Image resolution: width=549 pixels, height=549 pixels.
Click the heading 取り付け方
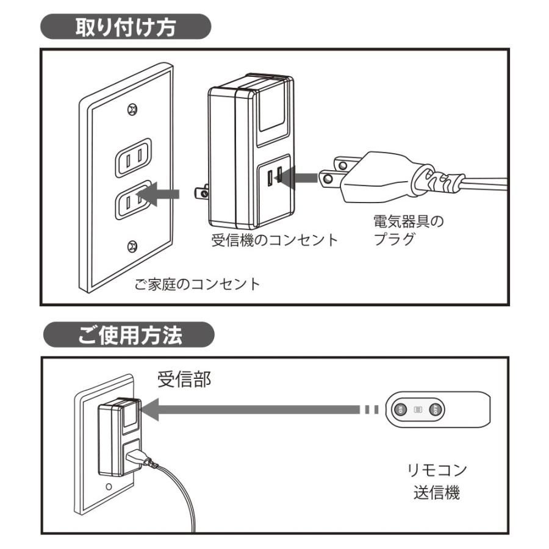pyautogui.click(x=125, y=28)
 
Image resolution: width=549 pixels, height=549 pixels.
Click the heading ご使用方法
pyautogui.click(x=129, y=335)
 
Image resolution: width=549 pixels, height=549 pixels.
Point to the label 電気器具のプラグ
pyautogui.click(x=408, y=230)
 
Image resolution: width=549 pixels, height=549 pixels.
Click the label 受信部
pyautogui.click(x=184, y=379)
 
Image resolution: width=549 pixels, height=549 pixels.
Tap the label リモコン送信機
pyautogui.click(x=436, y=481)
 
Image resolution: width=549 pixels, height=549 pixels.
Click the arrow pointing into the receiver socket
pyautogui.click(x=300, y=178)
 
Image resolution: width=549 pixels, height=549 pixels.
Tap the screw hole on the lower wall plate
pyautogui.click(x=108, y=487)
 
